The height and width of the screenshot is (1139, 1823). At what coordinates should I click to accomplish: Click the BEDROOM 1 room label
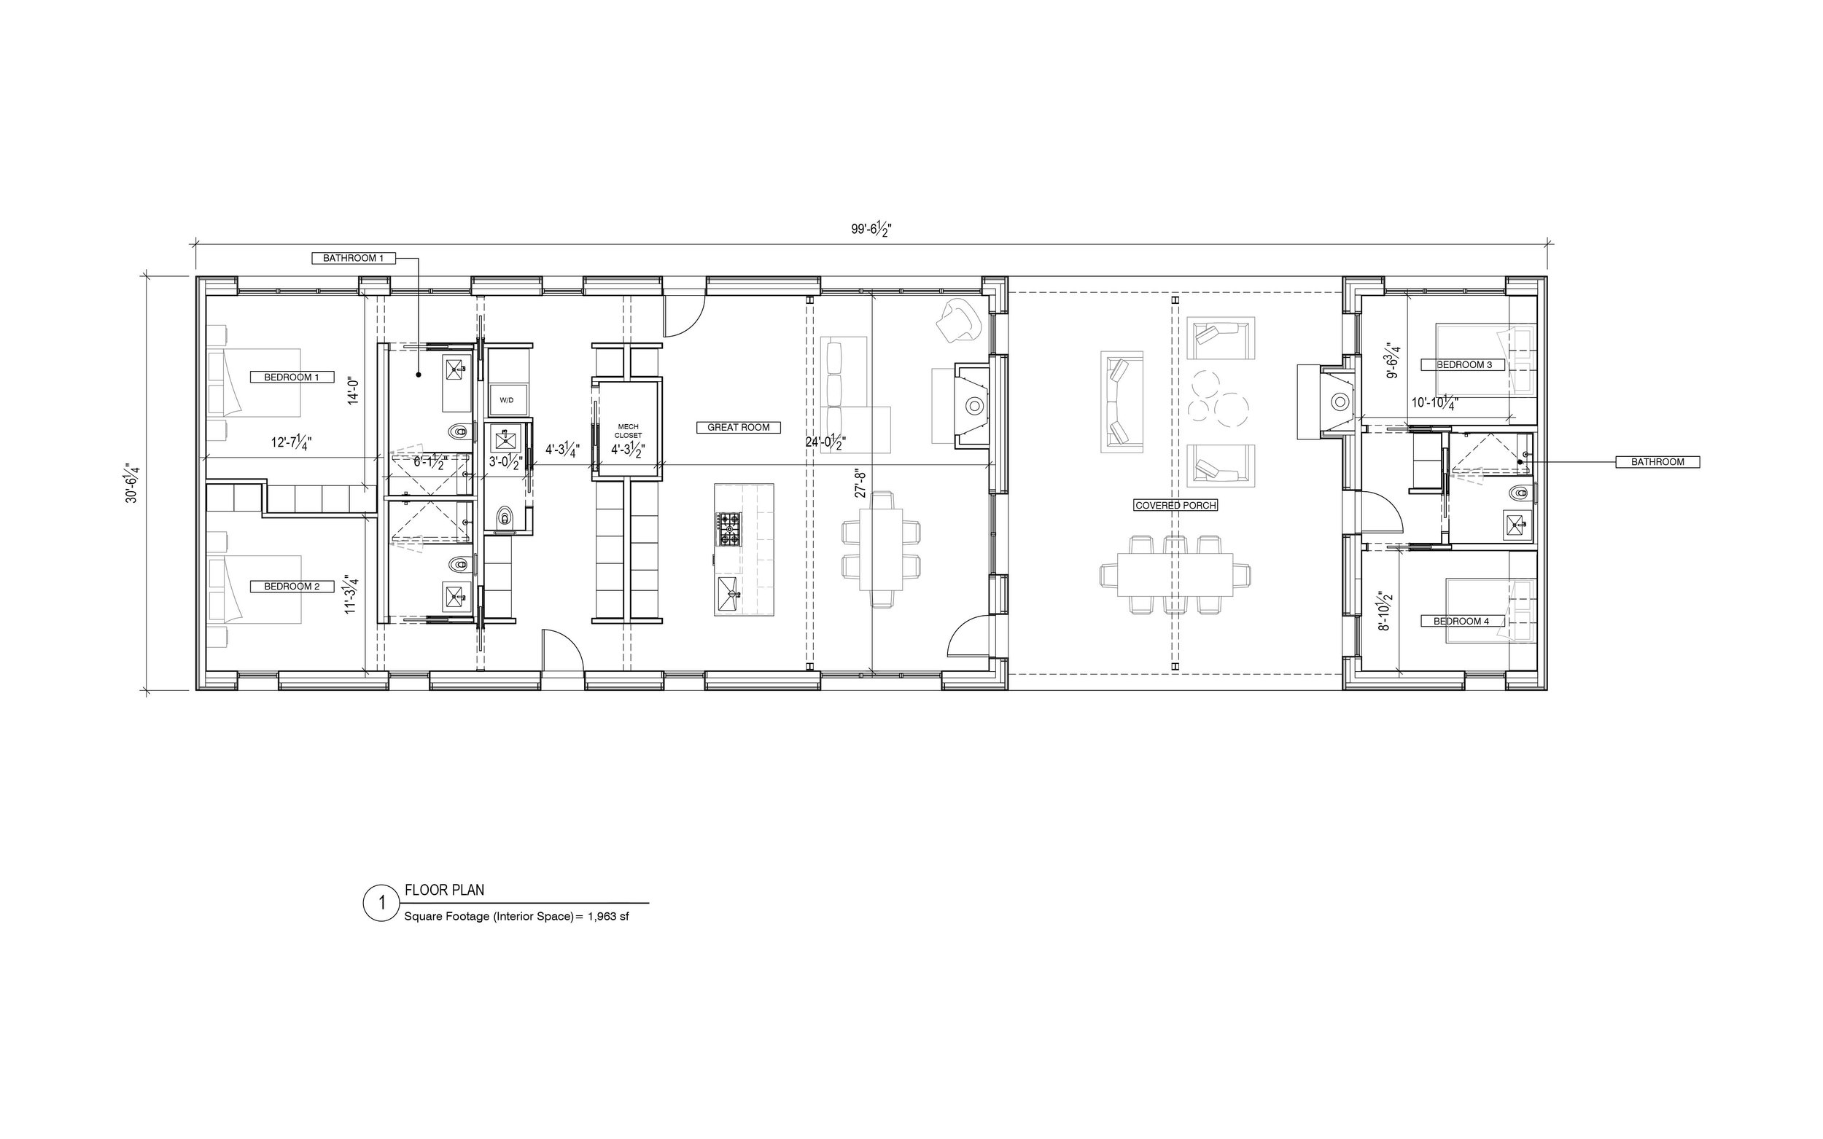click(x=292, y=377)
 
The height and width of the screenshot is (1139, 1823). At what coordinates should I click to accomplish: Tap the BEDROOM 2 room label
click(x=292, y=587)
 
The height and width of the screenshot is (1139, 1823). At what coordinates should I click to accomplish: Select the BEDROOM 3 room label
click(x=1464, y=365)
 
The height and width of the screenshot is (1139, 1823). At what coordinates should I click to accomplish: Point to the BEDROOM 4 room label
click(x=1464, y=622)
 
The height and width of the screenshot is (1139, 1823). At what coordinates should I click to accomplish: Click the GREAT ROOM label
click(x=738, y=428)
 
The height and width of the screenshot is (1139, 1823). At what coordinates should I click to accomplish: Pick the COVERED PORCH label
click(x=1175, y=506)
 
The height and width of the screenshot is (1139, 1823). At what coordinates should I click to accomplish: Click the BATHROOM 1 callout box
click(x=354, y=259)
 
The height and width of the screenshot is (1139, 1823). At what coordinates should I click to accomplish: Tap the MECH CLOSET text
click(x=628, y=431)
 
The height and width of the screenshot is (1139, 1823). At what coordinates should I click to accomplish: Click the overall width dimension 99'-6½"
click(x=872, y=229)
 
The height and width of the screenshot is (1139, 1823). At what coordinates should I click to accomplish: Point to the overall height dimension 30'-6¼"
click(x=133, y=483)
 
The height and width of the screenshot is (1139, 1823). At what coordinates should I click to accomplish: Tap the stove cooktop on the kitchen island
click(x=729, y=529)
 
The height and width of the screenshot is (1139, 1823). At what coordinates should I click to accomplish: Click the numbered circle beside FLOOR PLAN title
click(x=381, y=901)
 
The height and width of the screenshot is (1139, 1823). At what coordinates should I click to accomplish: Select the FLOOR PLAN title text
click(x=445, y=890)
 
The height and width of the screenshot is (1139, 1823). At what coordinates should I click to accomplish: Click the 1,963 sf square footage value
click(x=608, y=917)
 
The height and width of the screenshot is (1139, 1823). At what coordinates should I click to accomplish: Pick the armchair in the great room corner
click(x=959, y=321)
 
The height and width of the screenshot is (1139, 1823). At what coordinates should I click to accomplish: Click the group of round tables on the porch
click(x=1218, y=397)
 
